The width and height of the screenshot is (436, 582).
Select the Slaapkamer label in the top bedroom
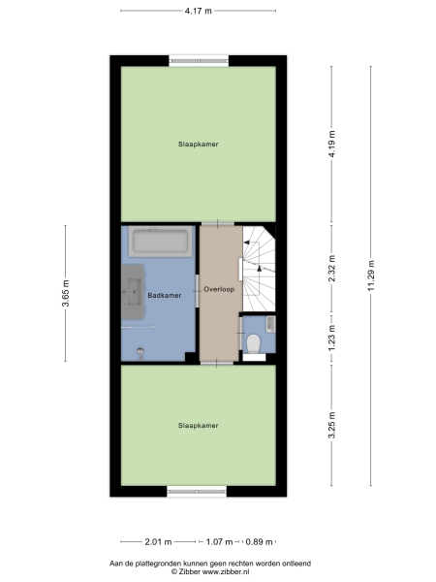[198, 145]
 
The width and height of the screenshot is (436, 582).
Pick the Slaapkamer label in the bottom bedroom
[198, 425]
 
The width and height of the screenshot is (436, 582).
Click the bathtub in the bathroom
[162, 242]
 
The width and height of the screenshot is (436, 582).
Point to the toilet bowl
[254, 344]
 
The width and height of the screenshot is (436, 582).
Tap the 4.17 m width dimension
[199, 10]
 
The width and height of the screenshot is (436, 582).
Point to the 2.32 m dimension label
[331, 267]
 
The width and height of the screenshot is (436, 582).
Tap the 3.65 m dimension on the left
[65, 292]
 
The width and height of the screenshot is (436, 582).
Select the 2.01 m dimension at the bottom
[158, 542]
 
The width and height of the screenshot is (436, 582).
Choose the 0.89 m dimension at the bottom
[258, 542]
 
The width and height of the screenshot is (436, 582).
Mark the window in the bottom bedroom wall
[198, 492]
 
